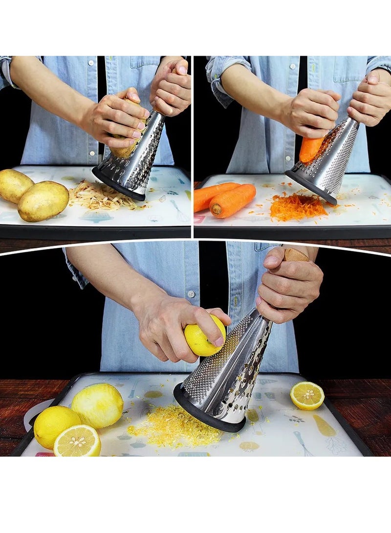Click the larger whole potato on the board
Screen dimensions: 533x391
point(43,200)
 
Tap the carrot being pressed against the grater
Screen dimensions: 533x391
point(310,149)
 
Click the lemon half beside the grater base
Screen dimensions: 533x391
point(306,395)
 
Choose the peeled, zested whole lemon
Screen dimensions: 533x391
point(98,405)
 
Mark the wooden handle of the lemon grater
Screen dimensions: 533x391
point(296,255)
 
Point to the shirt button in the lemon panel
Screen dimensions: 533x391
point(191,294)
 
